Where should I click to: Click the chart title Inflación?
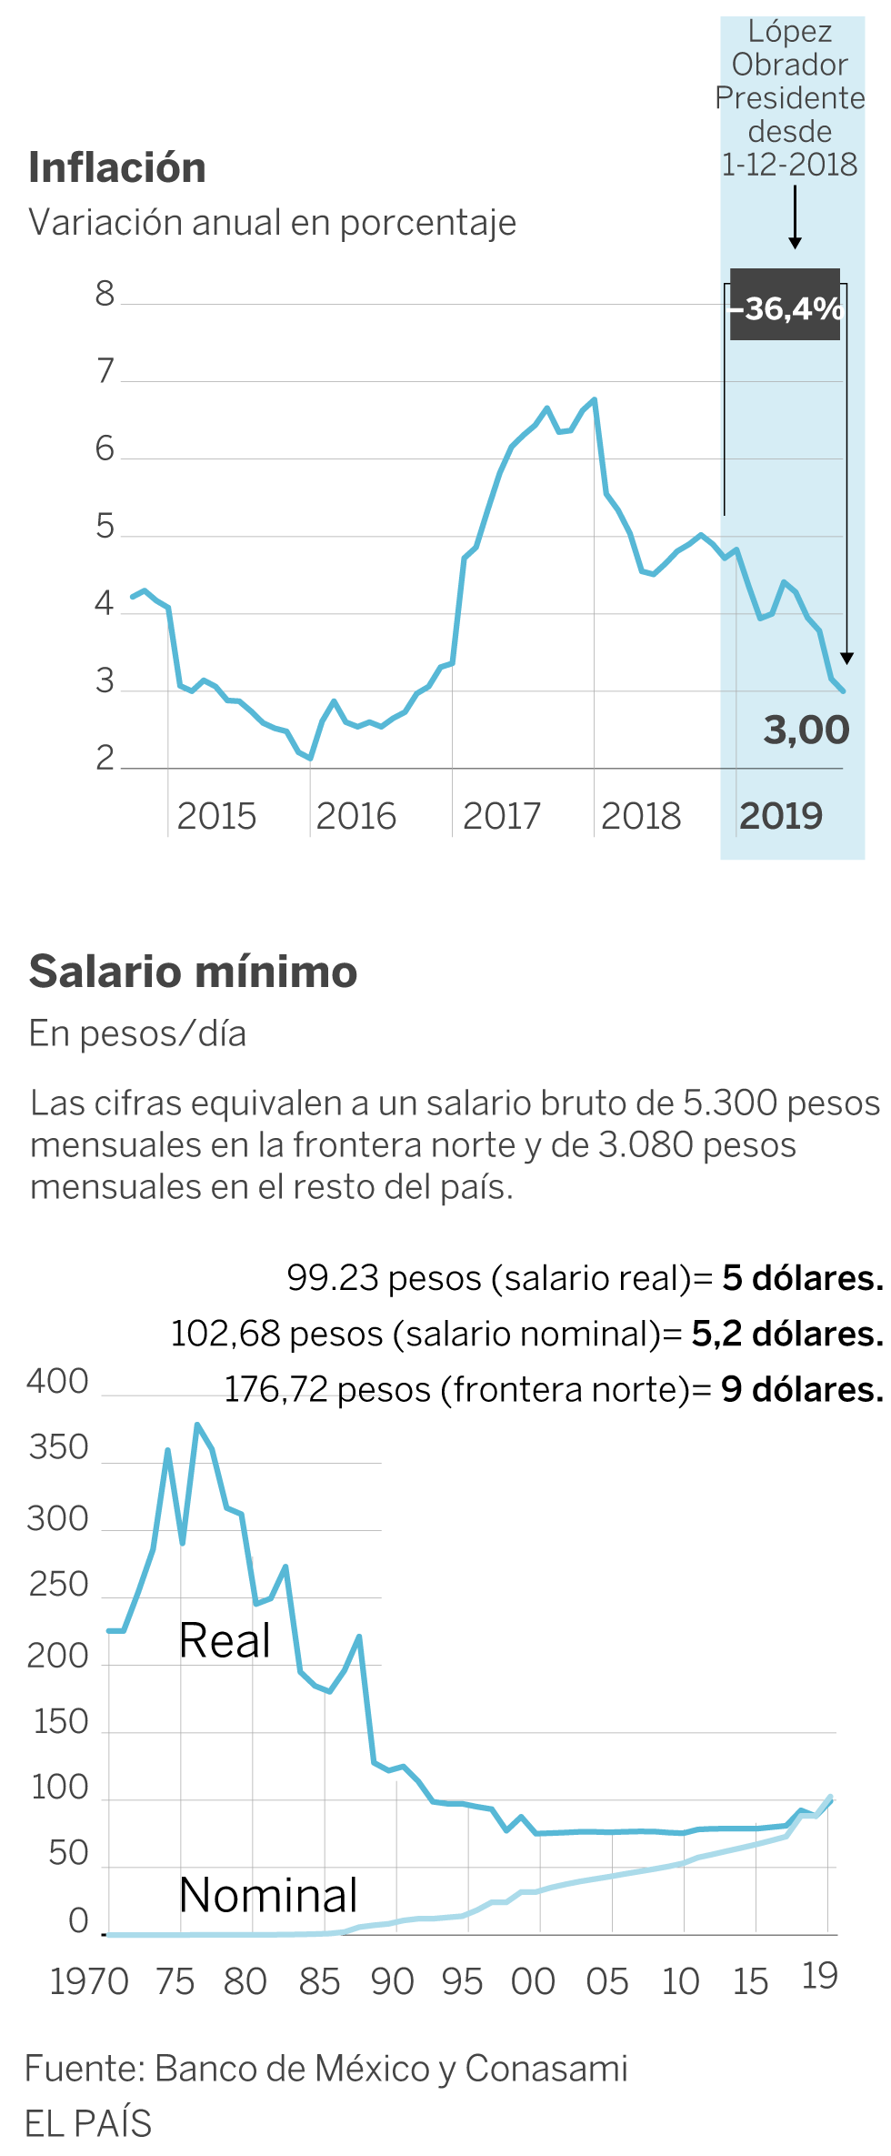point(117,167)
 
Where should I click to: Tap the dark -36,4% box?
point(786,306)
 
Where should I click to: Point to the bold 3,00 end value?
point(806,730)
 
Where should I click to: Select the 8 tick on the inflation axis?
point(105,295)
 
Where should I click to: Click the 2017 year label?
point(501,816)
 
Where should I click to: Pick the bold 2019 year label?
point(781,816)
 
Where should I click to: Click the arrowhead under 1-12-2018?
point(795,242)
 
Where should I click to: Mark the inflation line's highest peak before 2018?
point(594,399)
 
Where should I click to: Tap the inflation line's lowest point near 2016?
point(311,758)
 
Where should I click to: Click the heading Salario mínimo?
point(193,972)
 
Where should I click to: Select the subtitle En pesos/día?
point(137,1034)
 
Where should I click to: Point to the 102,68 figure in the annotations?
point(225,1334)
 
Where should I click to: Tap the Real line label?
point(225,1640)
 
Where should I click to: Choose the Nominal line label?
point(268,1895)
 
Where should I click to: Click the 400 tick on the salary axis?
point(57,1382)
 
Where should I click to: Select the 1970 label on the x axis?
point(89,1981)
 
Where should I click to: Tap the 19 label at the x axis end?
point(819,1976)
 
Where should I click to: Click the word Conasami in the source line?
point(546,2069)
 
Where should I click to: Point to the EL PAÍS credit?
point(88,2123)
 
